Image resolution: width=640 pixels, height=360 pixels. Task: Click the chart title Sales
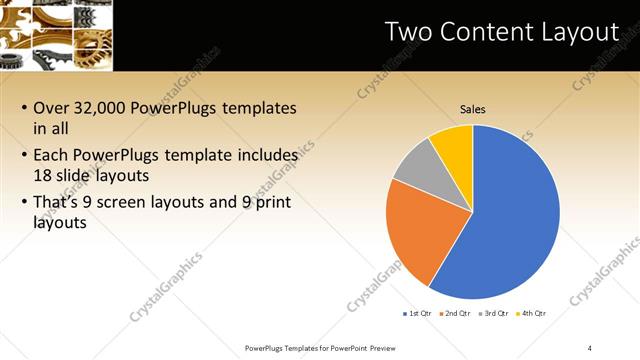(x=473, y=109)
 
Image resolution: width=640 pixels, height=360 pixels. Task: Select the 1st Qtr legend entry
(x=417, y=314)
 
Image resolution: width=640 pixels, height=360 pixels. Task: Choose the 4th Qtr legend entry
(x=532, y=314)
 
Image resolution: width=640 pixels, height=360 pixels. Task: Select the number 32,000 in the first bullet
(x=103, y=108)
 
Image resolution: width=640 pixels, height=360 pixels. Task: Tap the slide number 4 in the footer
(x=590, y=347)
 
